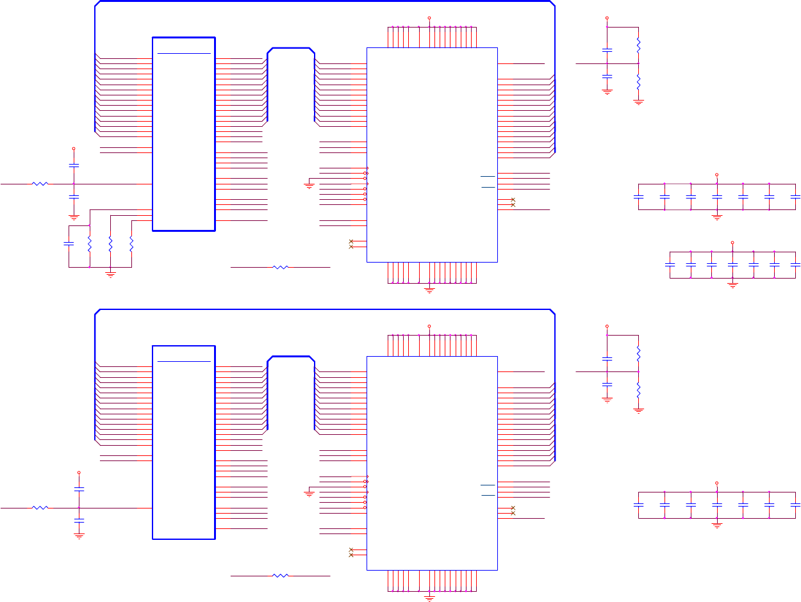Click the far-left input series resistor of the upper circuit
[40, 184]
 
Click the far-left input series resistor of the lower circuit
[40, 508]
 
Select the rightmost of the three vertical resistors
[131, 244]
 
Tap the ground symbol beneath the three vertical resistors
[110, 274]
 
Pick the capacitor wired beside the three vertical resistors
[69, 244]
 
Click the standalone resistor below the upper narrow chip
[281, 267]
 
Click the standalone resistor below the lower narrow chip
[281, 576]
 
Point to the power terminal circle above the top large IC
[429, 18]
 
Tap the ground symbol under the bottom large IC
[429, 598]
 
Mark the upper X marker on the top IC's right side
[513, 200]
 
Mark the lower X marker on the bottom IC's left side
[351, 555]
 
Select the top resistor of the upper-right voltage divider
[638, 45]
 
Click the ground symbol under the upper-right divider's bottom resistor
[638, 101]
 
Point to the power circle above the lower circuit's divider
[607, 326]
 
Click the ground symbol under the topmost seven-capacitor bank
[717, 216]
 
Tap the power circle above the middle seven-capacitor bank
[732, 243]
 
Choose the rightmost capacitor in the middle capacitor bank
[795, 264]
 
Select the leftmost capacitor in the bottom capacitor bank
[638, 505]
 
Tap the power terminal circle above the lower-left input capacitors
[79, 473]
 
